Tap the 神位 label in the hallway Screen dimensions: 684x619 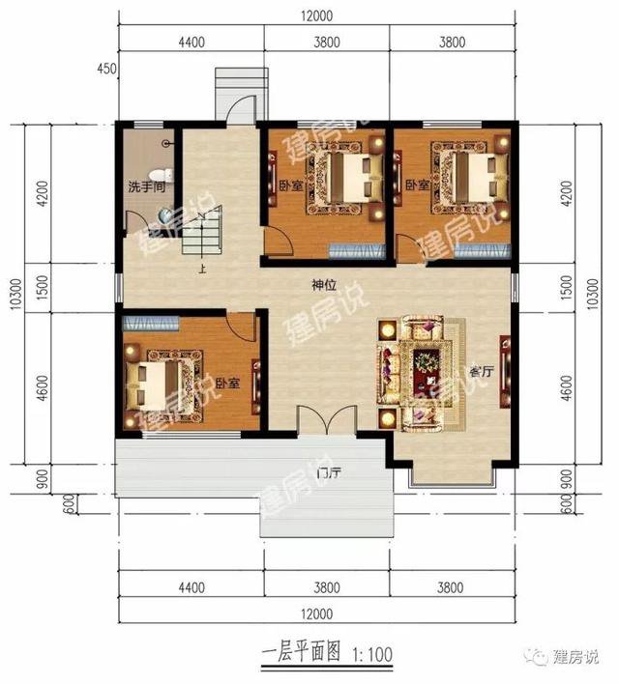coord(323,286)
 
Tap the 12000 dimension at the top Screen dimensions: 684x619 coord(316,15)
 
